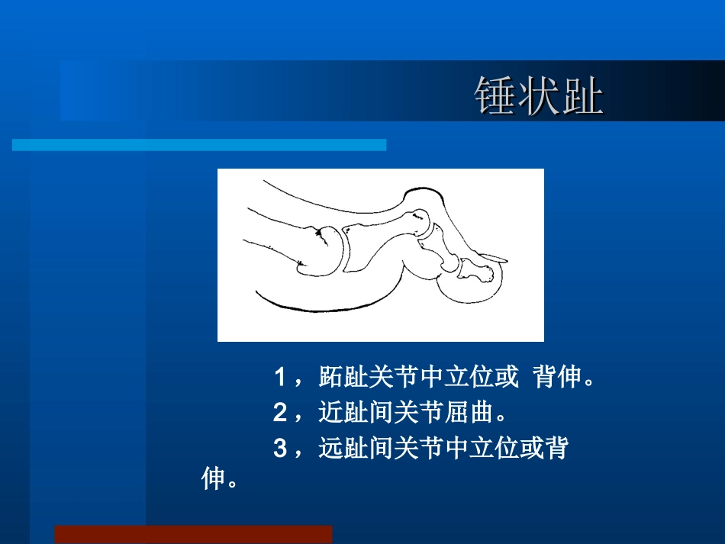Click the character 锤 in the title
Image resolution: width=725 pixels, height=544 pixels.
[496, 96]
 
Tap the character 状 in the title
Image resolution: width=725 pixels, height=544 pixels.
[539, 96]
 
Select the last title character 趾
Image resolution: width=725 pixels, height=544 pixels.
[582, 96]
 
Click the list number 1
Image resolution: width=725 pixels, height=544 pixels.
[280, 377]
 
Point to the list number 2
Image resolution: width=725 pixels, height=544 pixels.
[280, 414]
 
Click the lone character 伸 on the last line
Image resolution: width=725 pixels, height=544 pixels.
[214, 480]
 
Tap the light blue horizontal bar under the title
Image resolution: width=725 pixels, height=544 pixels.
[199, 145]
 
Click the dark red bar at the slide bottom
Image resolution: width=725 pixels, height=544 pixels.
[193, 534]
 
